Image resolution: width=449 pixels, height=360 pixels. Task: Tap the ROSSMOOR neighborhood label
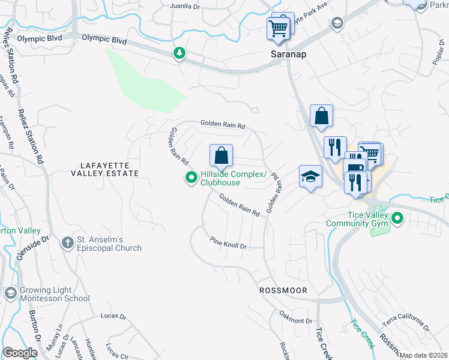tap(283, 290)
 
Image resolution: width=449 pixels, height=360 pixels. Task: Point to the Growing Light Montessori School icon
tap(10, 293)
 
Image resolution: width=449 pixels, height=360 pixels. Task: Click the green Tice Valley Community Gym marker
tap(397, 219)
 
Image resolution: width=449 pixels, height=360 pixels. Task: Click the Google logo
tap(20, 353)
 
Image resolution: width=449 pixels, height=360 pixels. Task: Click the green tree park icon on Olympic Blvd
tap(179, 54)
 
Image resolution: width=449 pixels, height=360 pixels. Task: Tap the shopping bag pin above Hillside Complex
tap(221, 156)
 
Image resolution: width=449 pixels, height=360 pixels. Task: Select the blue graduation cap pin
tap(310, 177)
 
